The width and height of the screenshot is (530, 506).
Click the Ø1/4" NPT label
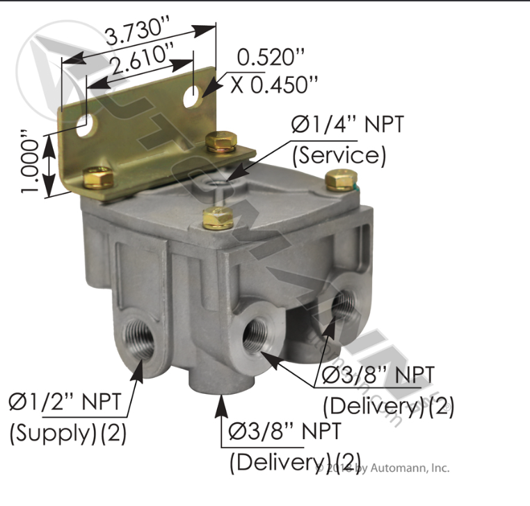346,126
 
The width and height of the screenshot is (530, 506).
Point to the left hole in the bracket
84,126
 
